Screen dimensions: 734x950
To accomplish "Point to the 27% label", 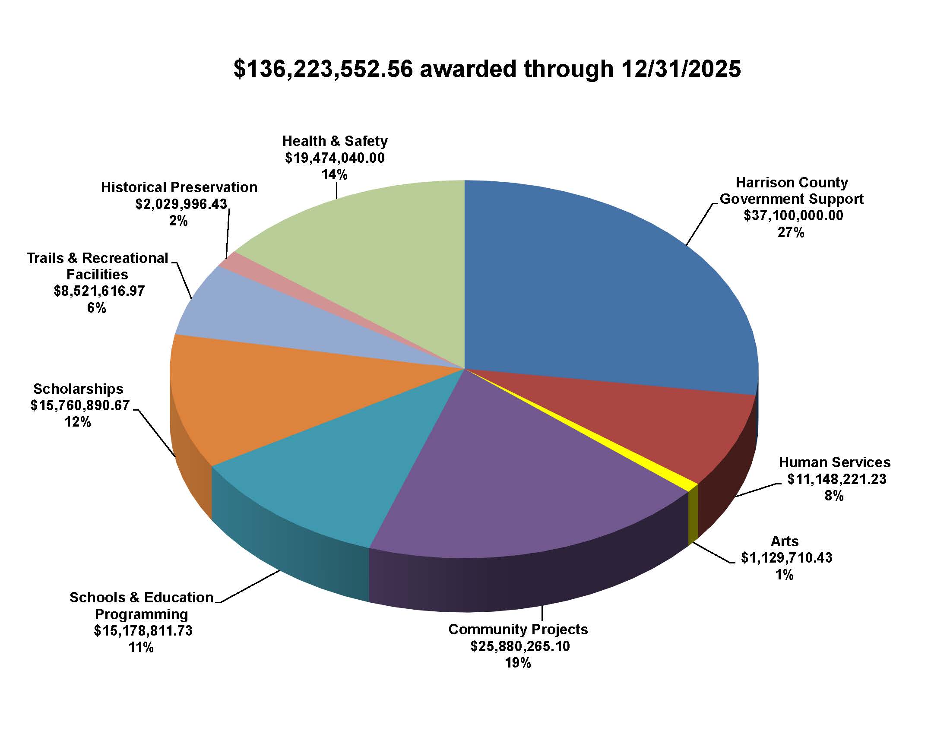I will [791, 233].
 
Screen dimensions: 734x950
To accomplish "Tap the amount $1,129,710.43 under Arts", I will [786, 558].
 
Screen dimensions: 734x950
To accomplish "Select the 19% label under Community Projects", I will [518, 663].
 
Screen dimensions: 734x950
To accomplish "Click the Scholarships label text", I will [78, 389].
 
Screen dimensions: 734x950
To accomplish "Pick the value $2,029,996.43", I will [181, 204].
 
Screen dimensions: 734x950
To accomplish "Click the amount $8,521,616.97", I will [99, 291].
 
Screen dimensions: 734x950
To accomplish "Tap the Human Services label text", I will [834, 462].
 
